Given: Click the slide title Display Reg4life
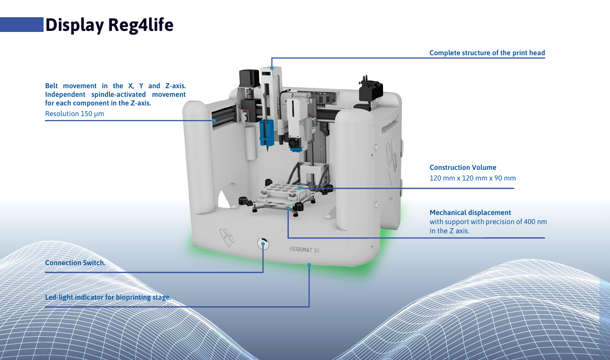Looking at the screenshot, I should tap(109, 25).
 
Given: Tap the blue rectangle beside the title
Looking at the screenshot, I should tap(21, 24).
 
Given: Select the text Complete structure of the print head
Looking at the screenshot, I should tap(487, 53).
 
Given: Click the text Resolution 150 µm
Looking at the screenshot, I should tap(74, 114).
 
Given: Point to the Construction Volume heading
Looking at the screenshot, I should tap(463, 167).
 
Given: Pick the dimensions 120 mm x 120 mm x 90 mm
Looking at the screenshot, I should tap(472, 178).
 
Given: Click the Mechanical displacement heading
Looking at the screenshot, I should tap(470, 212).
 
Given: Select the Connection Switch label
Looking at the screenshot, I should tap(75, 263).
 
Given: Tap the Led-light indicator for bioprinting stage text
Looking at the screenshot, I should tap(108, 297).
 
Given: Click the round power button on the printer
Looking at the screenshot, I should tap(263, 243).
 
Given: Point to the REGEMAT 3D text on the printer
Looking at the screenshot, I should tap(304, 249).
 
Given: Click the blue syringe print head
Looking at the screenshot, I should tap(266, 133).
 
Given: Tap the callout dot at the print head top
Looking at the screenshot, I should tap(272, 68).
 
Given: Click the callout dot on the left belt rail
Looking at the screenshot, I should tap(214, 121).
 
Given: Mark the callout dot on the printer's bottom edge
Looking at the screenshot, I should tap(309, 264).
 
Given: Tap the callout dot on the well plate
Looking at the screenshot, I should tap(299, 188).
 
